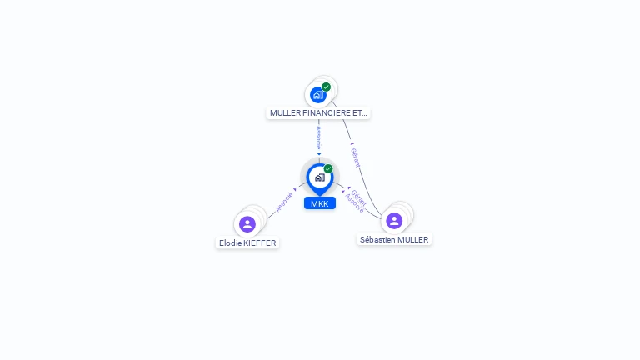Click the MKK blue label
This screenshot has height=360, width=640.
point(319,203)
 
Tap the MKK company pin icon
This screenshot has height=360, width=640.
point(319,177)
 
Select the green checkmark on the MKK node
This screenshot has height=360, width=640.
point(328,168)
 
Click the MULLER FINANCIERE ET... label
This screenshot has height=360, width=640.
point(318,112)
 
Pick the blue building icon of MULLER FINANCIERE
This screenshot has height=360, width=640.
point(317,95)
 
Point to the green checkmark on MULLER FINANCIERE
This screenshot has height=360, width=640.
point(327,87)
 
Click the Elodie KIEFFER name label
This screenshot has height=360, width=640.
point(247,243)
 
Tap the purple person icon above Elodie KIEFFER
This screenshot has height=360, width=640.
point(247,224)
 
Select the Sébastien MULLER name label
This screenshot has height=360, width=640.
point(394,240)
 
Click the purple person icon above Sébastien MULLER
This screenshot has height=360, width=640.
point(394,221)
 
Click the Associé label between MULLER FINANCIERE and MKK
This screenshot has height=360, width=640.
point(319,137)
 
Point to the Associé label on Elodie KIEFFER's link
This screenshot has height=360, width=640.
point(284,202)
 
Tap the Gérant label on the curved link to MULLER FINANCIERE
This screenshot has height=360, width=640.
point(355,157)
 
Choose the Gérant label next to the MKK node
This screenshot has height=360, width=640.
point(359,197)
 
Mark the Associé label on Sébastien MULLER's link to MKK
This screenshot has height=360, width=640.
point(354,204)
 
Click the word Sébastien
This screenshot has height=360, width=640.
point(377,240)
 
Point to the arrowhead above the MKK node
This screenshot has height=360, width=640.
point(319,154)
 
